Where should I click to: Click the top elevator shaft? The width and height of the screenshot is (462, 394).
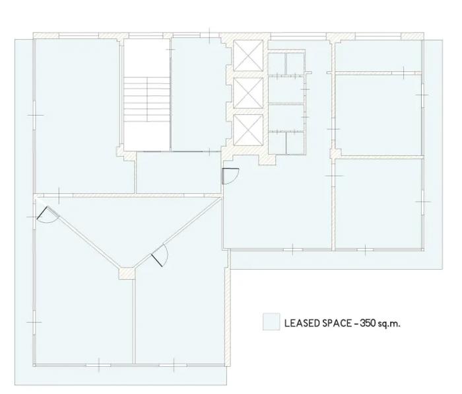[247, 56]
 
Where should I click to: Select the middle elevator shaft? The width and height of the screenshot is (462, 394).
[247, 93]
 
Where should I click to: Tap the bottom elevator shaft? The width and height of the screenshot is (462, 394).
[247, 130]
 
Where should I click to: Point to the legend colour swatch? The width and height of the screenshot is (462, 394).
[271, 321]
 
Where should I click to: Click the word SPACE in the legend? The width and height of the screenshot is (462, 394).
[337, 323]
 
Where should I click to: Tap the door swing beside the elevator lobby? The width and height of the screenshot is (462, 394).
[230, 177]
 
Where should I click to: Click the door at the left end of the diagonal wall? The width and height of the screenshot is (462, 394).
[47, 214]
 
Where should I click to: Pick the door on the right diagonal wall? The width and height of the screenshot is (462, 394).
[160, 256]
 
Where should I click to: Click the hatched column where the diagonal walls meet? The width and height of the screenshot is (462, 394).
[127, 273]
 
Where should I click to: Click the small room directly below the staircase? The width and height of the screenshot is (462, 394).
[178, 173]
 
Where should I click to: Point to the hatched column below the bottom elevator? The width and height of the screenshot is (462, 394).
[267, 159]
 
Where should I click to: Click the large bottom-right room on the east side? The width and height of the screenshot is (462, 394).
[379, 204]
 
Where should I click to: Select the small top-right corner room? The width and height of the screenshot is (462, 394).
[378, 56]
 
